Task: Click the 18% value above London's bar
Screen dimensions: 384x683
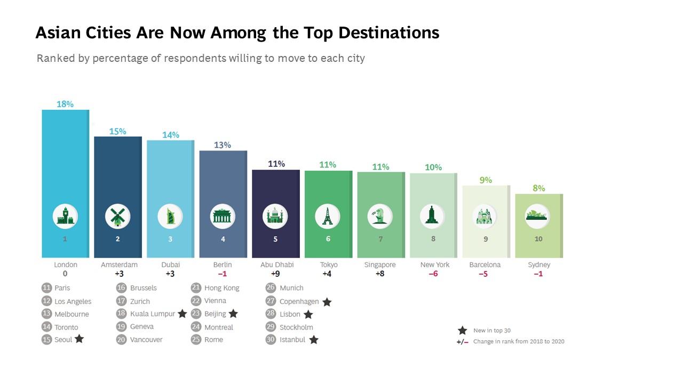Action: tap(65, 105)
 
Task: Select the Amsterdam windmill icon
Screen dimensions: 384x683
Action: tap(117, 217)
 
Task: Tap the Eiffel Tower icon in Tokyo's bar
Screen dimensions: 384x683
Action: tap(328, 217)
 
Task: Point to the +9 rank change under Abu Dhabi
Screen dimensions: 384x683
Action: tap(275, 274)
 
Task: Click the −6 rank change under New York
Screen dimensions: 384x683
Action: tap(434, 274)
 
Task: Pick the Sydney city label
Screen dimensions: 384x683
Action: tap(538, 265)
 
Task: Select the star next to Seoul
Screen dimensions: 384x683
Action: tap(79, 339)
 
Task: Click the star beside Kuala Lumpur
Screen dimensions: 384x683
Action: tap(182, 314)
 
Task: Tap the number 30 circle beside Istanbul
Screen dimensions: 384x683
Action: tap(271, 340)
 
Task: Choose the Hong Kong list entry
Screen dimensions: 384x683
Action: tap(221, 288)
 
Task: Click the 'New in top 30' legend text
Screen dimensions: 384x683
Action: tap(491, 331)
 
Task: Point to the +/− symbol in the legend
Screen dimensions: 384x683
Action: tap(462, 342)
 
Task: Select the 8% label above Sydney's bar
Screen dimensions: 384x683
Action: tap(538, 188)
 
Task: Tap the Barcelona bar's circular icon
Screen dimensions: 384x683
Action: tap(485, 217)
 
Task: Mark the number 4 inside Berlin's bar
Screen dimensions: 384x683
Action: tap(223, 239)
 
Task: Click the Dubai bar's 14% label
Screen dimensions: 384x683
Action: tap(171, 135)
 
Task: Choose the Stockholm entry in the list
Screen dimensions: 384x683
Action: tap(296, 327)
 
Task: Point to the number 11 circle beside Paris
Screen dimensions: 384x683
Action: tap(46, 288)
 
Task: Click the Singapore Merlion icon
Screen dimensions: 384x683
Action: tap(380, 217)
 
